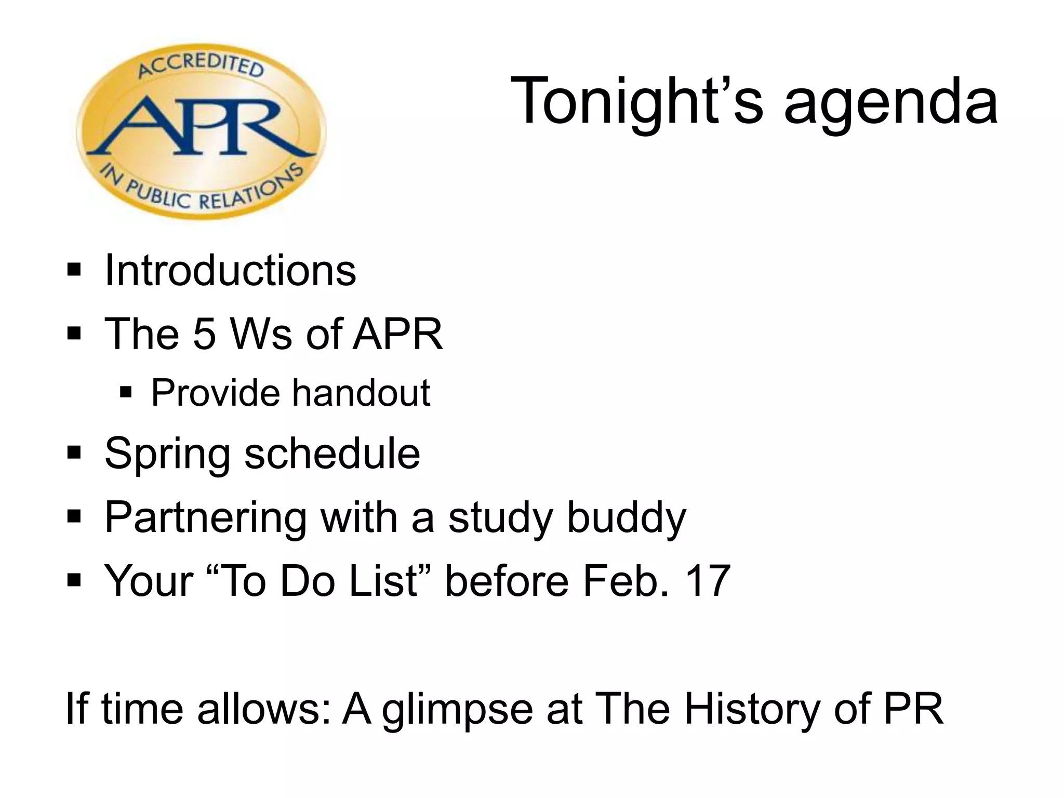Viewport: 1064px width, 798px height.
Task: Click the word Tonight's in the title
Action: (637, 101)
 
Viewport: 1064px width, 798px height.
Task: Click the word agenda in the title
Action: (890, 104)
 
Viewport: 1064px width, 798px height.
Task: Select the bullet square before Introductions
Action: (74, 271)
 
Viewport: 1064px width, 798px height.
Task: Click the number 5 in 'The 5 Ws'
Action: (204, 334)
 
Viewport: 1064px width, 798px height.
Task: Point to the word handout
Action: (361, 393)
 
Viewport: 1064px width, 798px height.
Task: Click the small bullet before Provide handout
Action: (126, 392)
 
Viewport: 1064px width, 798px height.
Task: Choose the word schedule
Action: (332, 453)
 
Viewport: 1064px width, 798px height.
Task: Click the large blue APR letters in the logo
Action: (200, 127)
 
